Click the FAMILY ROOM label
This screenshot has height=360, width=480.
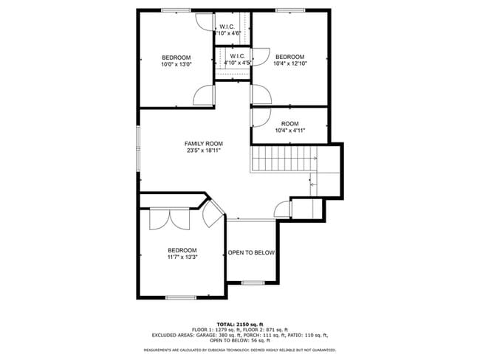(204, 143)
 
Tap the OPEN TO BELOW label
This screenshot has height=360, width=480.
(251, 253)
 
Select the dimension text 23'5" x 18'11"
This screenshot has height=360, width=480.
(204, 150)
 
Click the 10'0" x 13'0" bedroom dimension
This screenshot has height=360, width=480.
(176, 64)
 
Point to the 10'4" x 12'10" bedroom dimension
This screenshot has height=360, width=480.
(289, 64)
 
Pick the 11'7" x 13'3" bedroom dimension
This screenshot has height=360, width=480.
(182, 257)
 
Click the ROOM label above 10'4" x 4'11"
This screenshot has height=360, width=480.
(289, 123)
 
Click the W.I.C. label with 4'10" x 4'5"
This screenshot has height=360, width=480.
(238, 56)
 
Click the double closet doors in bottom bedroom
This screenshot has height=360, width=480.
(169, 219)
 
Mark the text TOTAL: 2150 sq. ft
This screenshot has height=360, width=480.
(240, 324)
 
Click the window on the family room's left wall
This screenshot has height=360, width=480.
(138, 148)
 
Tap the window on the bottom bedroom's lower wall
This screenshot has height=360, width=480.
(180, 297)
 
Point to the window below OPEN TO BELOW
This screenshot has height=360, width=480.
(253, 283)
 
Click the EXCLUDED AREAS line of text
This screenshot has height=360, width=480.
(240, 335)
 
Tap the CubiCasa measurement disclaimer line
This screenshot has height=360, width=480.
(240, 350)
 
